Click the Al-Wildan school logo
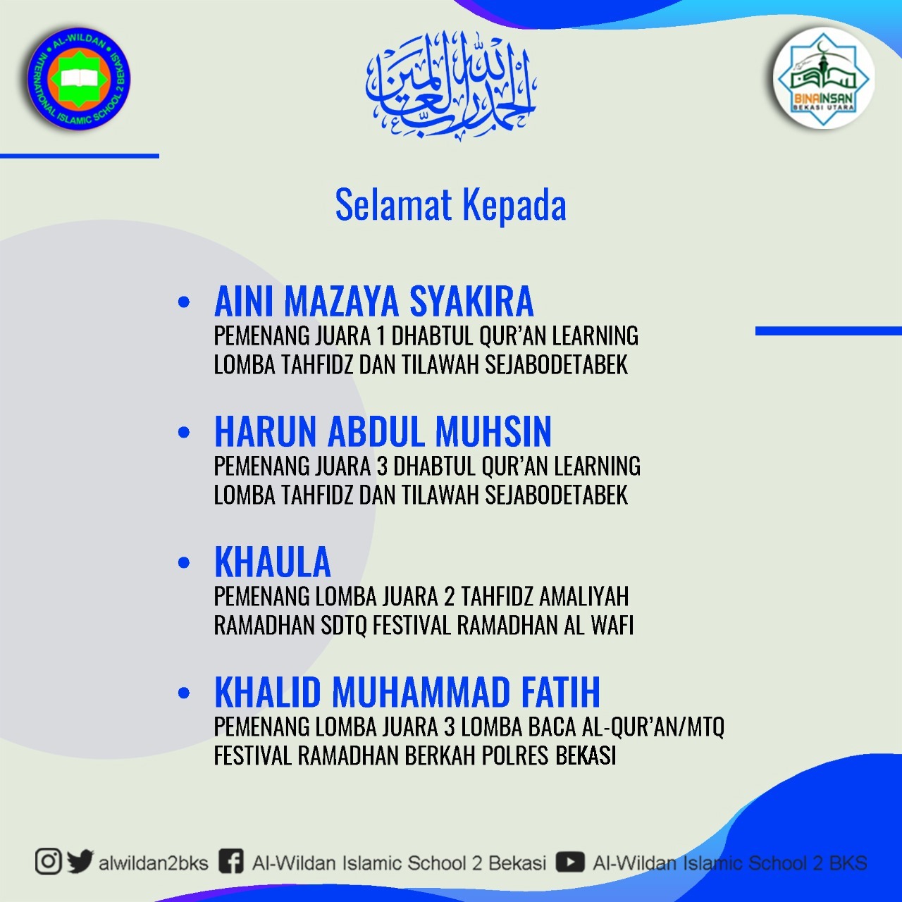click(79, 79)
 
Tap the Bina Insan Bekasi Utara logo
click(823, 79)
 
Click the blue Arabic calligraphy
click(450, 86)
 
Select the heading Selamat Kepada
click(451, 205)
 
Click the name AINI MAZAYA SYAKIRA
click(373, 302)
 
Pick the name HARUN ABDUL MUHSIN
click(383, 431)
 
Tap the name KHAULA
click(273, 562)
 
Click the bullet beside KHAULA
click(184, 562)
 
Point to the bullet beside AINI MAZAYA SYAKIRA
click(184, 302)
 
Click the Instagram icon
click(48, 861)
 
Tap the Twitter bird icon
click(80, 861)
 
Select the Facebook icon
click(231, 862)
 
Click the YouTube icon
click(569, 862)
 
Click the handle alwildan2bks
click(153, 863)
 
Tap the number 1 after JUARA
click(381, 335)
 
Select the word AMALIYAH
click(584, 596)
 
